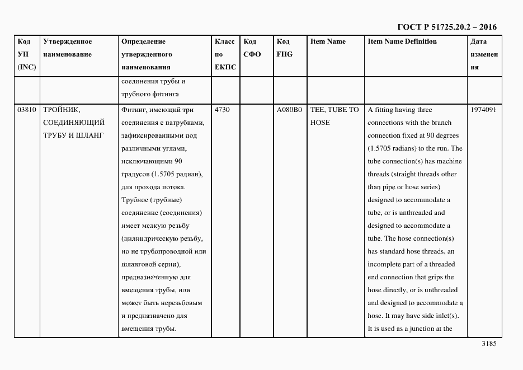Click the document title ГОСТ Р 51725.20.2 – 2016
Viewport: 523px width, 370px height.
pyautogui.click(x=446, y=27)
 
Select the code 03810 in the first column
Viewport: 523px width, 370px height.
pyautogui.click(x=26, y=110)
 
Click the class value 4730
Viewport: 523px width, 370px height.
pyautogui.click(x=222, y=110)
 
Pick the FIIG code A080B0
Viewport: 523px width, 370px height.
pyautogui.click(x=289, y=110)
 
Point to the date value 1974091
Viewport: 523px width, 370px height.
pyautogui.click(x=483, y=110)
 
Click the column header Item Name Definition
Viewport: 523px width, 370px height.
pyautogui.click(x=402, y=41)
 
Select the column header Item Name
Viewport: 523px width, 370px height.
pyautogui.click(x=328, y=41)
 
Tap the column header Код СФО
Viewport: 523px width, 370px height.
pyautogui.click(x=253, y=48)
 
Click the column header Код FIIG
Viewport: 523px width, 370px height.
pyautogui.click(x=284, y=48)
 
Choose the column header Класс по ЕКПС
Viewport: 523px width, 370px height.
pyautogui.click(x=225, y=54)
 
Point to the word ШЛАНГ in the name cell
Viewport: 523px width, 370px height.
pyautogui.click(x=91, y=135)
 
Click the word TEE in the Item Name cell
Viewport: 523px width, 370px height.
pyautogui.click(x=318, y=110)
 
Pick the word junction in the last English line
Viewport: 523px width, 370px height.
pyautogui.click(x=417, y=329)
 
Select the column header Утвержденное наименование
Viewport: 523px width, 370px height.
pyautogui.click(x=67, y=48)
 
